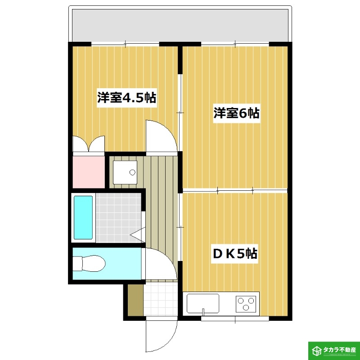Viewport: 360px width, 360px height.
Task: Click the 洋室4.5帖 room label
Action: pyautogui.click(x=126, y=98)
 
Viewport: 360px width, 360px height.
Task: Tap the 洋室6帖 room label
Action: pyautogui.click(x=237, y=113)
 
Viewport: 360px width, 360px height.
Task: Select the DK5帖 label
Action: pyautogui.click(x=234, y=254)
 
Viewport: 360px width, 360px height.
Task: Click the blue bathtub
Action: pyautogui.click(x=83, y=217)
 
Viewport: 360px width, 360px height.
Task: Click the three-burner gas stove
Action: pyautogui.click(x=246, y=303)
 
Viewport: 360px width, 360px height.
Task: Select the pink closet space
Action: pyautogui.click(x=89, y=171)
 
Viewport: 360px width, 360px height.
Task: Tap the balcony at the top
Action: pyautogui.click(x=180, y=25)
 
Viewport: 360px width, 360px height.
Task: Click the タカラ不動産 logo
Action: pyautogui.click(x=333, y=350)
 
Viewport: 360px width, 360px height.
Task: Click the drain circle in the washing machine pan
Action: pyautogui.click(x=132, y=172)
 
